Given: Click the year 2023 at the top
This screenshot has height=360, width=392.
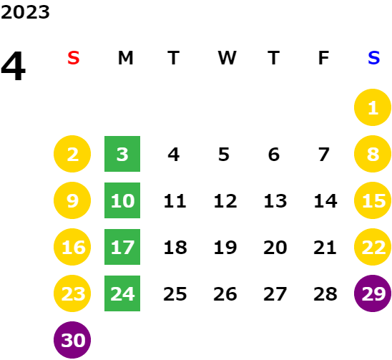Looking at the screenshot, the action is click(25, 12).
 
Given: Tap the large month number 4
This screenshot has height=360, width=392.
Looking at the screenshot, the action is click(14, 66).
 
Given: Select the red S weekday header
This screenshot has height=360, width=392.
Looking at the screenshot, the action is click(74, 58).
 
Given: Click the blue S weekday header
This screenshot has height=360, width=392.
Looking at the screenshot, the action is click(373, 58).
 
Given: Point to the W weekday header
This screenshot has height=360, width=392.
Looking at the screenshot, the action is click(227, 58).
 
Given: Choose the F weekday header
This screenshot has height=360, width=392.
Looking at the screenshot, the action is click(323, 58).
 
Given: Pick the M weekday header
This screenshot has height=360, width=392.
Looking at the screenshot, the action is click(125, 58).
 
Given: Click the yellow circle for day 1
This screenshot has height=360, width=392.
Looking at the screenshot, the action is click(373, 107).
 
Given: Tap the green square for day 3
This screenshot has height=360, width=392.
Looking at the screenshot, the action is click(122, 154).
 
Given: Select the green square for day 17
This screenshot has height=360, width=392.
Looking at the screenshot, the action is click(122, 247).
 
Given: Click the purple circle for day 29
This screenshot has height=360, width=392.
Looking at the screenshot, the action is click(373, 293).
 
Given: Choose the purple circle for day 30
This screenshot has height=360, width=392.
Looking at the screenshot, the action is click(72, 340).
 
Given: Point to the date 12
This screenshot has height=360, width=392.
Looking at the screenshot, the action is click(225, 200).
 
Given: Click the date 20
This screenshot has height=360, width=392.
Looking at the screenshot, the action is click(275, 247).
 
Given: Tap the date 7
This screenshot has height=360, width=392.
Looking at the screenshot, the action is click(323, 154).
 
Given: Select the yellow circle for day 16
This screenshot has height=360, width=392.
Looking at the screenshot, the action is click(72, 247).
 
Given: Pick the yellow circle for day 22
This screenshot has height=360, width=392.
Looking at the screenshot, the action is click(373, 247).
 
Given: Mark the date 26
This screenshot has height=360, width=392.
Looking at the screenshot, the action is click(225, 293).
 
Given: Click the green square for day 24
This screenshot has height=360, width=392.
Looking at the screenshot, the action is click(122, 293).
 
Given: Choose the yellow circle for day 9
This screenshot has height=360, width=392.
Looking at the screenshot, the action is click(72, 200).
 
